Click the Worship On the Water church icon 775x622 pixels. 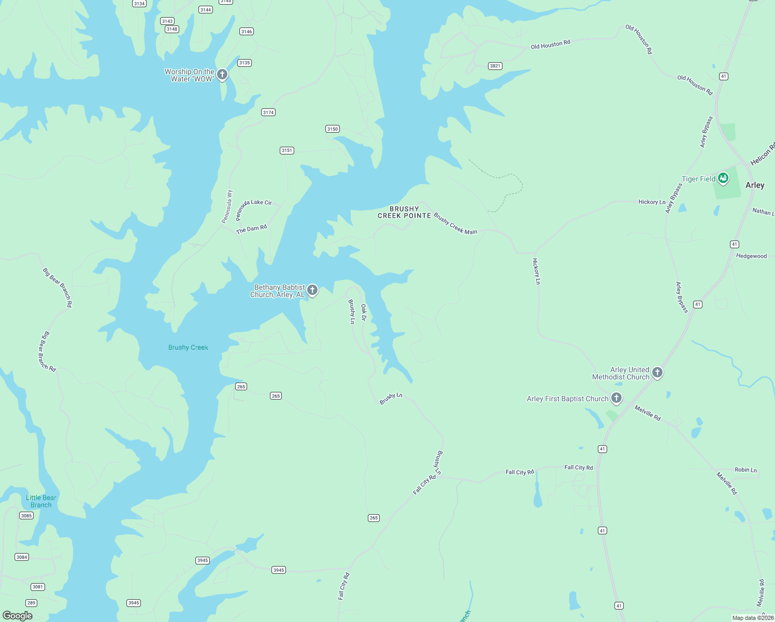222,75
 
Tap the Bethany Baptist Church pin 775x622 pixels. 312,290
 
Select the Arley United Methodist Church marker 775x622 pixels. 657,372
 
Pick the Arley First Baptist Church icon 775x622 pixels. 616,398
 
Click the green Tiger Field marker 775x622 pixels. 723,178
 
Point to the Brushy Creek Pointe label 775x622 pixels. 404,213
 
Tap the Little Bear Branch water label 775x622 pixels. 41,501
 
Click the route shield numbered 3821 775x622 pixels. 495,66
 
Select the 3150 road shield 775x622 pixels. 333,129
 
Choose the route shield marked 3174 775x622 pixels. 268,112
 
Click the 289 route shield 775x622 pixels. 32,603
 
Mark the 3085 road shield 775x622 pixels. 26,516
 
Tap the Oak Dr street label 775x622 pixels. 364,313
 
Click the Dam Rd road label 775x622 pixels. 252,229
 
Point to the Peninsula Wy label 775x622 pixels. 227,207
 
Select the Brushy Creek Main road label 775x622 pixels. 455,224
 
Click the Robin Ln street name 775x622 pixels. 745,470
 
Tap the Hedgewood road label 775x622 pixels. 751,256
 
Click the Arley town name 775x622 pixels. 755,185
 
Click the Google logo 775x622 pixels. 18,615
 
